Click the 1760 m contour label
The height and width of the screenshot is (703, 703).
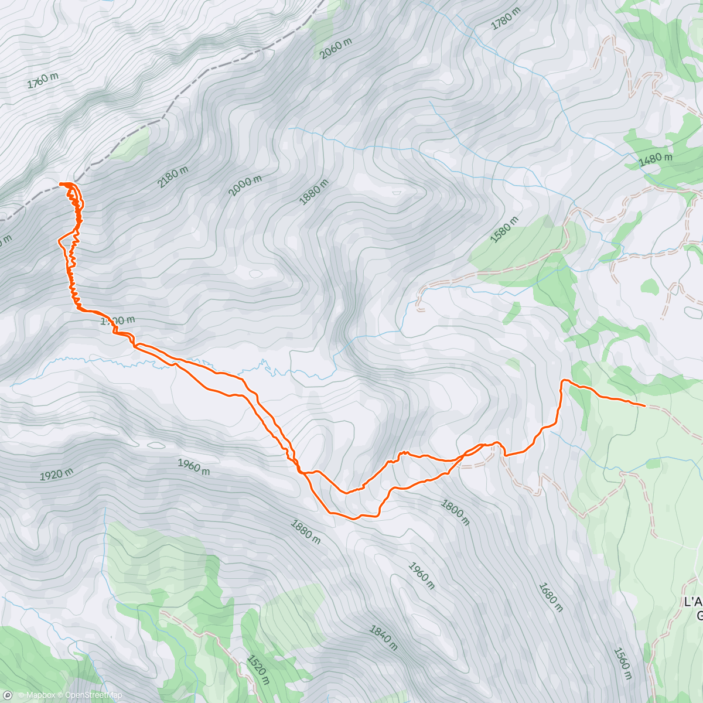click(x=43, y=80)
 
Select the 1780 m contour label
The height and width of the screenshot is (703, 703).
click(x=506, y=19)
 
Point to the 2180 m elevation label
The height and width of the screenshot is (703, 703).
click(x=173, y=177)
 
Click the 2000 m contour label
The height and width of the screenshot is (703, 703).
click(x=245, y=185)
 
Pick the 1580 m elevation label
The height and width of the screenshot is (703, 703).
click(x=504, y=230)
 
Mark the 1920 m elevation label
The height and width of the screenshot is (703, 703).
click(x=57, y=474)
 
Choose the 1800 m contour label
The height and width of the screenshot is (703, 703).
click(x=455, y=513)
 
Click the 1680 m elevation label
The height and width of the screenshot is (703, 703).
click(x=550, y=597)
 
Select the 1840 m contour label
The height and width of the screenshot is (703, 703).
click(x=384, y=637)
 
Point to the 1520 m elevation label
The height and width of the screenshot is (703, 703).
click(x=258, y=670)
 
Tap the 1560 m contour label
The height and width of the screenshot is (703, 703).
click(x=622, y=663)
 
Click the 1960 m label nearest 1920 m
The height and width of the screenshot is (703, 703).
click(x=193, y=467)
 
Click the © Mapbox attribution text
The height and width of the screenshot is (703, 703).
click(x=36, y=695)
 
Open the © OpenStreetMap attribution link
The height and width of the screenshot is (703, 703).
click(x=90, y=695)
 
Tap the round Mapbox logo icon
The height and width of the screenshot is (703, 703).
click(x=8, y=695)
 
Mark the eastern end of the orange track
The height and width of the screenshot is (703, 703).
click(x=644, y=405)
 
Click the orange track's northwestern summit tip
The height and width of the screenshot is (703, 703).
click(x=61, y=185)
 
